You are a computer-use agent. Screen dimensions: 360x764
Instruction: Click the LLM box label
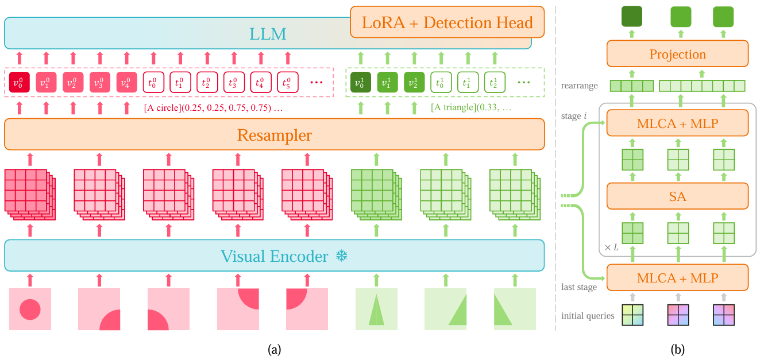tap(268, 34)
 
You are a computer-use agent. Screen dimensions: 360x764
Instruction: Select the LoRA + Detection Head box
tap(447, 23)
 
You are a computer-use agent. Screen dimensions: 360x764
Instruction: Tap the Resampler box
tap(274, 136)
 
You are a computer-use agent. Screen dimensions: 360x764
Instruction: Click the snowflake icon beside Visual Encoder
tap(342, 256)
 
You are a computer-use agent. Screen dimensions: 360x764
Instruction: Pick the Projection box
tap(677, 54)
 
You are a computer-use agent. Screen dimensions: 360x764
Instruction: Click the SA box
tap(677, 196)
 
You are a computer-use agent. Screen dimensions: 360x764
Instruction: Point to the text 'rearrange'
tap(580, 86)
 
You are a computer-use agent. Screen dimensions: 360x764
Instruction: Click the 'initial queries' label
tap(588, 315)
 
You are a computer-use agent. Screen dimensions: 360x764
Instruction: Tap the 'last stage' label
tap(579, 287)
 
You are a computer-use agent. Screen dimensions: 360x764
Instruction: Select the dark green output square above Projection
tap(632, 17)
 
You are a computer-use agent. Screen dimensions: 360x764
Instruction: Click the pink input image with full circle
tap(30, 309)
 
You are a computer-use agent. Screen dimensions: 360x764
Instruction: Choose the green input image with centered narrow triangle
tap(376, 309)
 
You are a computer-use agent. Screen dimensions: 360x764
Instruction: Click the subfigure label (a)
tap(274, 349)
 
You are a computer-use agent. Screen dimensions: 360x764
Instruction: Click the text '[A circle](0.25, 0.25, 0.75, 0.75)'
tap(214, 108)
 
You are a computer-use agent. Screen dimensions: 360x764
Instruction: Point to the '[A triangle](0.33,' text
tap(470, 108)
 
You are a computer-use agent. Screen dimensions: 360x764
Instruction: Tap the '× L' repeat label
tap(611, 247)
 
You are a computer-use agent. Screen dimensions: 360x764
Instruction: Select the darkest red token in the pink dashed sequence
tap(18, 82)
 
